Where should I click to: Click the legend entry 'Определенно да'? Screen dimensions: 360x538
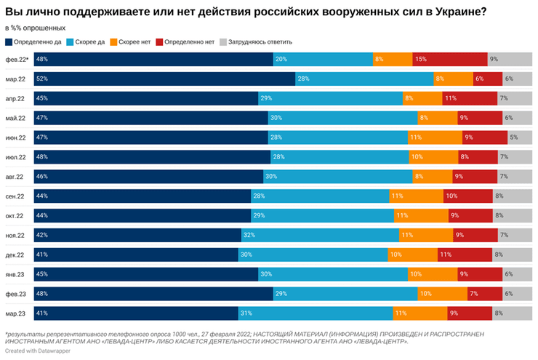pos(33,41)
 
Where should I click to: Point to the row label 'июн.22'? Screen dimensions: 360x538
pos(16,137)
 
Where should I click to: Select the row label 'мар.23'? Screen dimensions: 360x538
pos(16,313)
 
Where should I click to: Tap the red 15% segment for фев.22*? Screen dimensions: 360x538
pos(449,60)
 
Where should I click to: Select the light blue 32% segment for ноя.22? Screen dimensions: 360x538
pos(320,235)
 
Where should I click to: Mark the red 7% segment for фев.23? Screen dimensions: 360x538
pos(484,294)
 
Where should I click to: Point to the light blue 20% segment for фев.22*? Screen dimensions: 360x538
pos(322,60)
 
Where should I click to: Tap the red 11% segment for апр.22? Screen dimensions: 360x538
pos(470,98)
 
